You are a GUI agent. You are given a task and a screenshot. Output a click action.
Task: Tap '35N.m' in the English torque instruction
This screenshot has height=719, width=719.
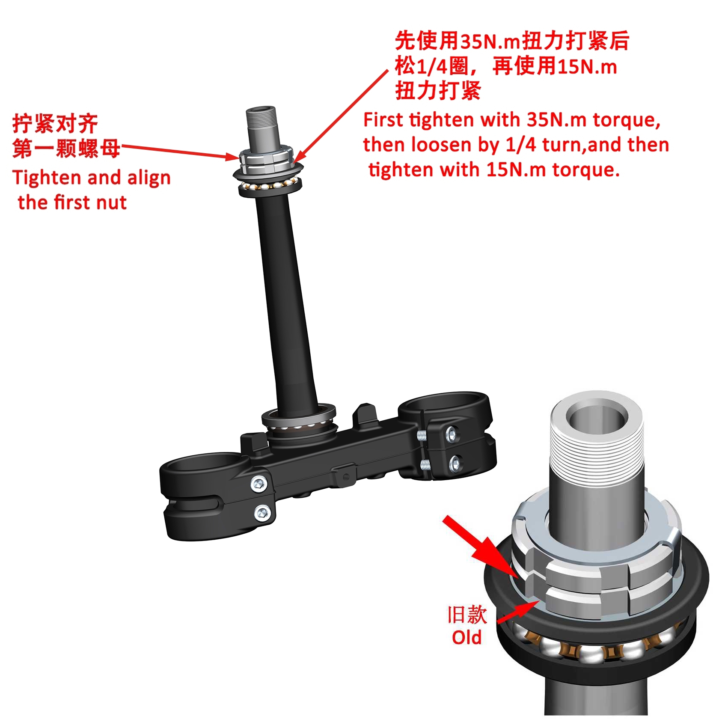pyautogui.click(x=556, y=120)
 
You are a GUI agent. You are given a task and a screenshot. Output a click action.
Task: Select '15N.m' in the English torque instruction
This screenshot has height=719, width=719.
pyautogui.click(x=516, y=170)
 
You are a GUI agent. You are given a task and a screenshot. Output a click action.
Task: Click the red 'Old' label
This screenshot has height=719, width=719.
pyautogui.click(x=466, y=637)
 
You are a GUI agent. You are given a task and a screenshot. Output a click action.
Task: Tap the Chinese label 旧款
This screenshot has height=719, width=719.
pyautogui.click(x=466, y=615)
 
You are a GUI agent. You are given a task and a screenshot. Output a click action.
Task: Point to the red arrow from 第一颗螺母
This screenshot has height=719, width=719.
pyautogui.click(x=180, y=152)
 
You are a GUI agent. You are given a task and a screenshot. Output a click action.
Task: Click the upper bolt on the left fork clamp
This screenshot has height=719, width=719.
pyautogui.click(x=259, y=484)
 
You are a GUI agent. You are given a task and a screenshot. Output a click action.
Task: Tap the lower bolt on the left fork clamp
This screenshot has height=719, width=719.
pyautogui.click(x=262, y=512)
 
